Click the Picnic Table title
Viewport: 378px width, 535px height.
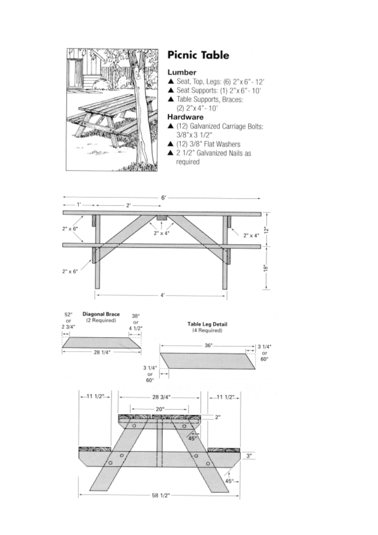198,55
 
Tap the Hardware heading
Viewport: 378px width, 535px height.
186,116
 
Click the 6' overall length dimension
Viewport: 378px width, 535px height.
163,197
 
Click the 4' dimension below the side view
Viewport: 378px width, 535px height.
163,296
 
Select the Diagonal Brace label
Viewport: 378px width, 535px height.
101,314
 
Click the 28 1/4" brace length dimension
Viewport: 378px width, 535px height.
102,352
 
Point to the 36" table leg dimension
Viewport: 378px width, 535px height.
208,346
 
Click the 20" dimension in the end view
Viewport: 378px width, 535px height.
159,409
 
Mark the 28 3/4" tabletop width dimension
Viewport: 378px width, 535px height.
161,397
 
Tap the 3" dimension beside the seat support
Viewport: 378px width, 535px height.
250,456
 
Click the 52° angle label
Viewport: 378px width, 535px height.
68,315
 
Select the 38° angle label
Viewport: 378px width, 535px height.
136,316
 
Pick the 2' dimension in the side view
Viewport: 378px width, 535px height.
128,205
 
